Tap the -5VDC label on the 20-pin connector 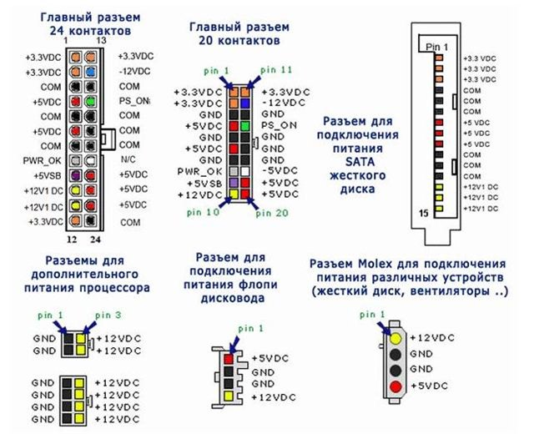(279, 171)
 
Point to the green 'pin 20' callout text (275, 213)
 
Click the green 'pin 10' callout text (197, 213)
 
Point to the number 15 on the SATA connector (423, 214)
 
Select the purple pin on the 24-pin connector (76, 174)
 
